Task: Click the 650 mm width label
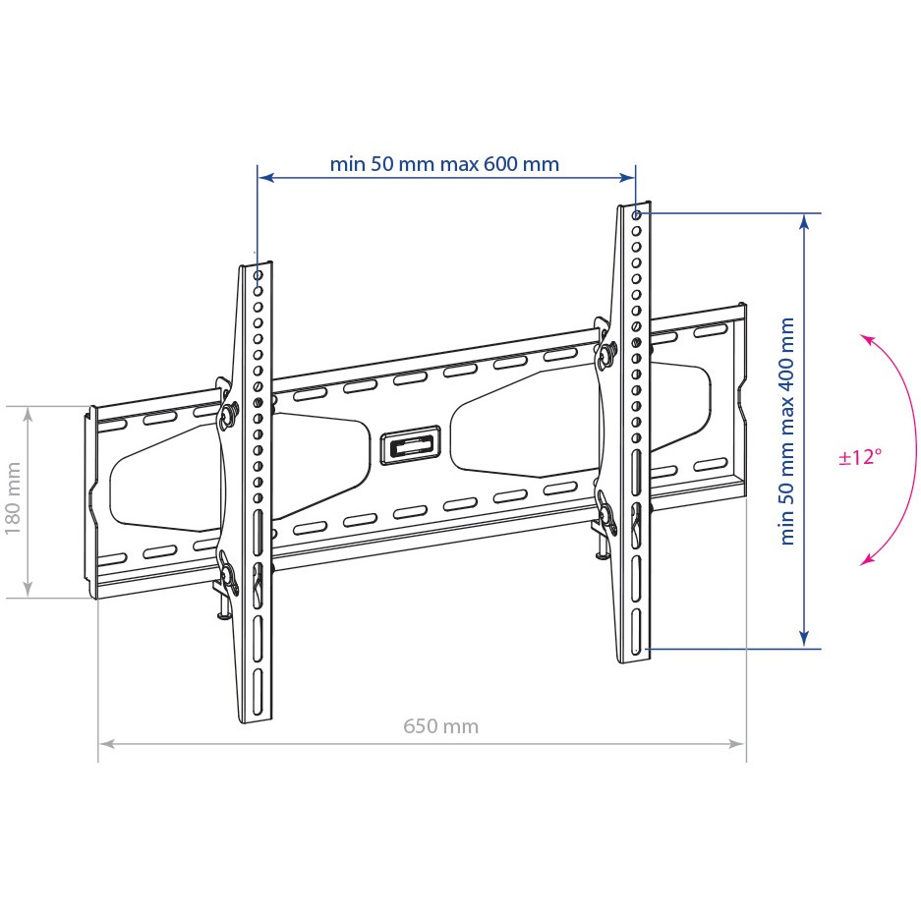click(x=440, y=726)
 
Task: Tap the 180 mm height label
click(x=13, y=498)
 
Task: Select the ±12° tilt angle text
click(x=860, y=456)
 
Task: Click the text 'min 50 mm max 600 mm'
click(x=444, y=164)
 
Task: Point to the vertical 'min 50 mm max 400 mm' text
click(x=787, y=432)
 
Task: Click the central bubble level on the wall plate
click(x=411, y=445)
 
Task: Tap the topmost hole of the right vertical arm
click(x=636, y=215)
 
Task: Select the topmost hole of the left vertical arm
click(x=258, y=275)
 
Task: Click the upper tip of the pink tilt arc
click(x=862, y=335)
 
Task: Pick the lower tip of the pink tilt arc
click(x=862, y=564)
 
